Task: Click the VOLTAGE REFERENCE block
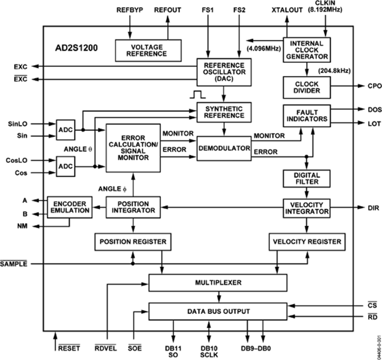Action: tap(149, 50)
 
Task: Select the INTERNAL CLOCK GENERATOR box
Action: tap(306, 50)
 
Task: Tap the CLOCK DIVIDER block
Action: tap(306, 87)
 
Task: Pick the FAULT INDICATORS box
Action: tap(306, 115)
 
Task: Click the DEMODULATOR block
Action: tap(224, 148)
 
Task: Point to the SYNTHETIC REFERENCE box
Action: tap(224, 112)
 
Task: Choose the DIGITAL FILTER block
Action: tap(306, 179)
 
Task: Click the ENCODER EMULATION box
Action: tap(68, 207)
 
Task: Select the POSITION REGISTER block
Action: tap(133, 242)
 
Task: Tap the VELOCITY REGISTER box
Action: tap(306, 242)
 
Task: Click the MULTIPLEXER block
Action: tap(218, 282)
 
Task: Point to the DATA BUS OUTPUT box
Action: tap(218, 311)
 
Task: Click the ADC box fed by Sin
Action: tap(65, 130)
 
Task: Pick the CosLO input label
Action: tap(17, 160)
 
